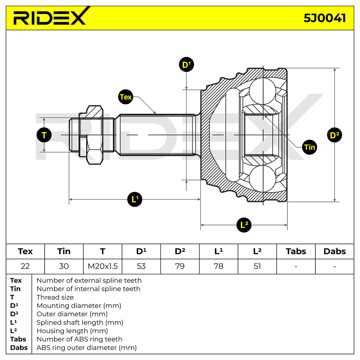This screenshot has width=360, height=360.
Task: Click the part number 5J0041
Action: (x=325, y=18)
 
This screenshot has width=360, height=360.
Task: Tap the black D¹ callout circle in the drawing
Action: (x=186, y=64)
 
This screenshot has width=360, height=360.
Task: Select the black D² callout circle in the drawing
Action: (x=334, y=135)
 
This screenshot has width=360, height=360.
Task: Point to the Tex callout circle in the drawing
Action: (x=125, y=97)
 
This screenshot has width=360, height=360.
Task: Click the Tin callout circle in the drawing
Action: (x=309, y=147)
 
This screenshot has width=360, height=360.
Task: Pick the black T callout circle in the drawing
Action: (x=44, y=135)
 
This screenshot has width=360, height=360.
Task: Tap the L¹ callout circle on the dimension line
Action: (x=135, y=199)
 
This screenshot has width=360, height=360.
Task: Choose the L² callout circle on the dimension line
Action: (x=244, y=225)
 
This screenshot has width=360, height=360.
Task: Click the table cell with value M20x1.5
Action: (x=103, y=266)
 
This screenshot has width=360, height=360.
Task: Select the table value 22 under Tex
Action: (x=25, y=266)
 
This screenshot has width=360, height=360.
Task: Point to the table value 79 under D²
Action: (x=180, y=266)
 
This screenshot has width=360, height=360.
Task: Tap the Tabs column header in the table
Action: (x=296, y=251)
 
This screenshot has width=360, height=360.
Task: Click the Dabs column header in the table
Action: (x=334, y=251)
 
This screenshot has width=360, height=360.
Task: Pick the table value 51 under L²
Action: (x=257, y=266)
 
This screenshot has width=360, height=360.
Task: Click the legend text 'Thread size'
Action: (x=55, y=297)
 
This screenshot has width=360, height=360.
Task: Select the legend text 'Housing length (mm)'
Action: (x=72, y=331)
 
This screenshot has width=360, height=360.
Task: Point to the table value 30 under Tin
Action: (x=64, y=266)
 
